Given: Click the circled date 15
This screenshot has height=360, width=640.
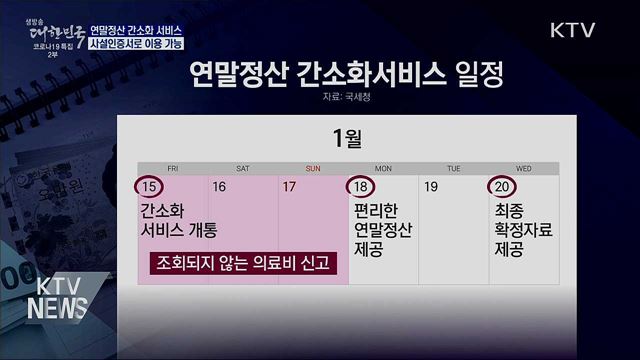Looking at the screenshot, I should pyautogui.click(x=149, y=187).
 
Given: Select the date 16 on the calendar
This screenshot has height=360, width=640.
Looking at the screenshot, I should pyautogui.click(x=219, y=187).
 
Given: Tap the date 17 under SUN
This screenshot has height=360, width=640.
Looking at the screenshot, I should pyautogui.click(x=290, y=187).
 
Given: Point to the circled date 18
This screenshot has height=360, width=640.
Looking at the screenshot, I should pyautogui.click(x=361, y=187).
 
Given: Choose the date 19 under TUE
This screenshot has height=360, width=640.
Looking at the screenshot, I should pyautogui.click(x=431, y=187).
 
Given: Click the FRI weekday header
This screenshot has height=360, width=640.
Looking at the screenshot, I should pyautogui.click(x=173, y=168).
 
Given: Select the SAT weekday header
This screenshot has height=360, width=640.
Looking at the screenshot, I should pyautogui.click(x=243, y=168).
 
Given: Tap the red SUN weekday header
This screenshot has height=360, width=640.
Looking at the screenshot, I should pyautogui.click(x=313, y=168).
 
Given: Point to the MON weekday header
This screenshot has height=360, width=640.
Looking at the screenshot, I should pyautogui.click(x=383, y=168).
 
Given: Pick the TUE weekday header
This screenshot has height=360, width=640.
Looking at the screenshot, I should pyautogui.click(x=453, y=168).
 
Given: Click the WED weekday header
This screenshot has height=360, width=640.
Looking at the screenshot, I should pyautogui.click(x=523, y=168).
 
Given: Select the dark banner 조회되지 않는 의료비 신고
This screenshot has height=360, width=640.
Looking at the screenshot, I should pyautogui.click(x=243, y=264).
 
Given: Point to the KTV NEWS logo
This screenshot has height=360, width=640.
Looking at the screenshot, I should pyautogui.click(x=56, y=297).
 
